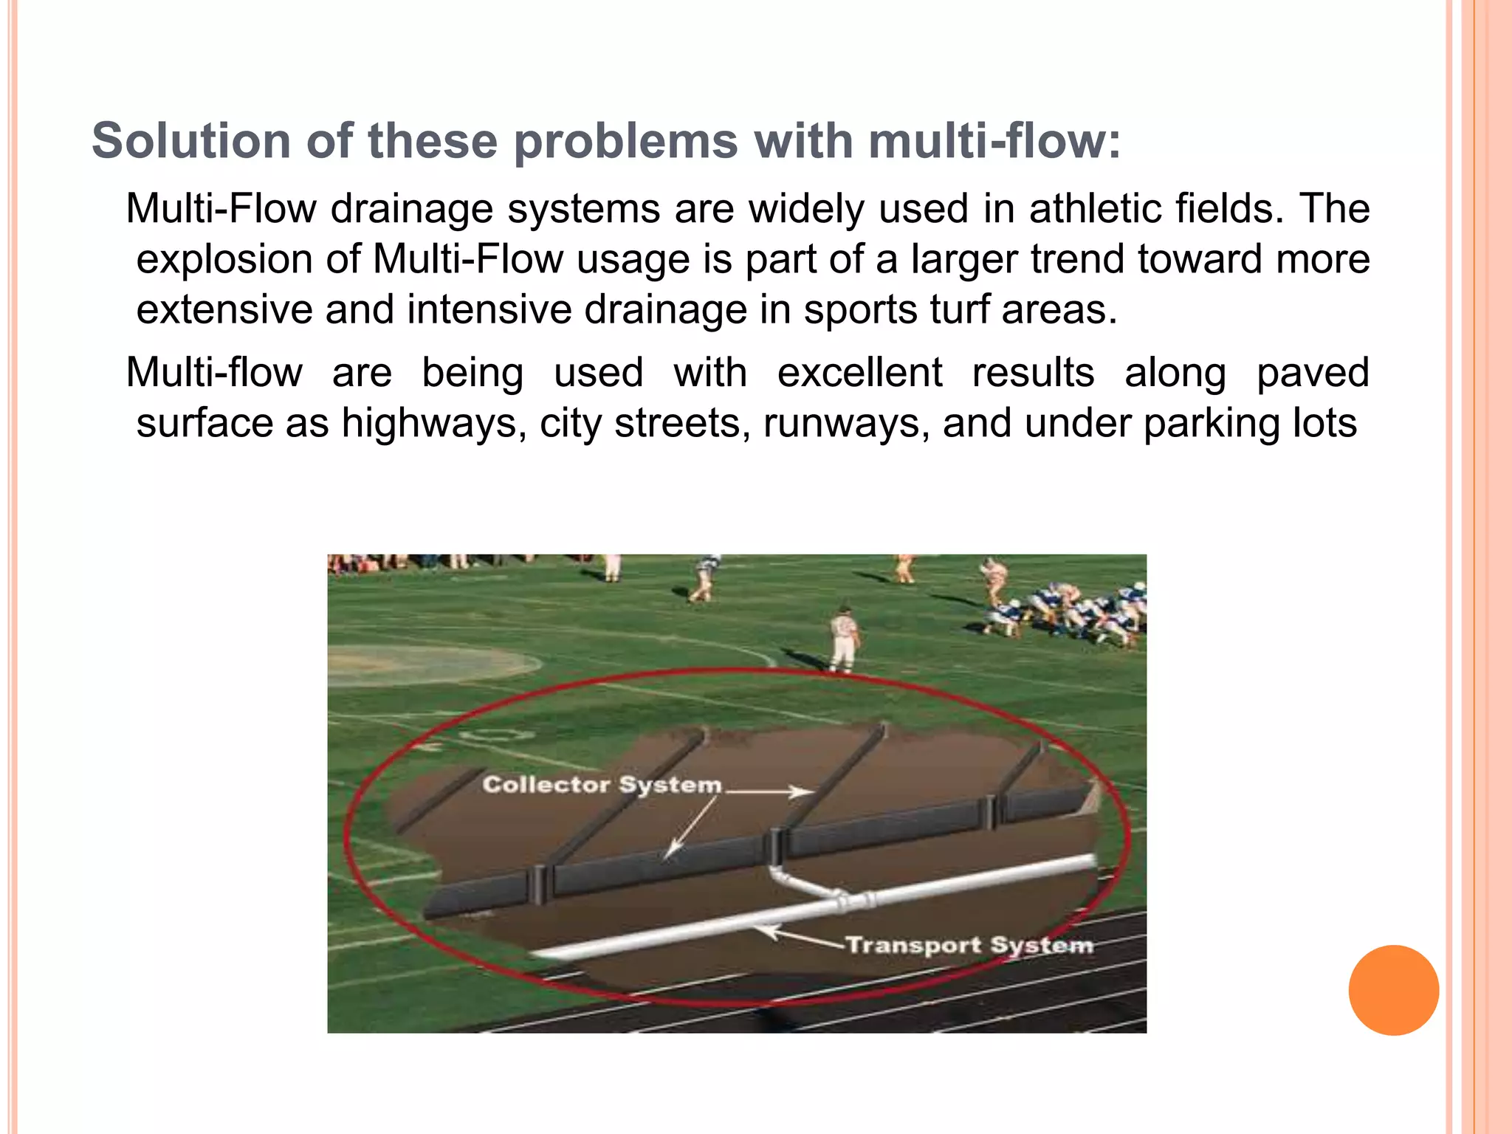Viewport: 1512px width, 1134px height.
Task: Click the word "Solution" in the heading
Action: [191, 140]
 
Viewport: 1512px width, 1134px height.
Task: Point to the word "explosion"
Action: [248, 259]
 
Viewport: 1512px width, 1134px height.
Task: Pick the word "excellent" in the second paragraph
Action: [859, 372]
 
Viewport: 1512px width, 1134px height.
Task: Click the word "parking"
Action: [1212, 423]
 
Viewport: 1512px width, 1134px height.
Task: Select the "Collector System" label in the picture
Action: [602, 784]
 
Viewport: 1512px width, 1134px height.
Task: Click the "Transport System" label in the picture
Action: [969, 945]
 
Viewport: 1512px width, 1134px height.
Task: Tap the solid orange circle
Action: [1393, 990]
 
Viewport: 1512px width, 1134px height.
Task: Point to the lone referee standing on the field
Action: [843, 639]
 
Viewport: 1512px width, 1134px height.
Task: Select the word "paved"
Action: [1313, 372]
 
